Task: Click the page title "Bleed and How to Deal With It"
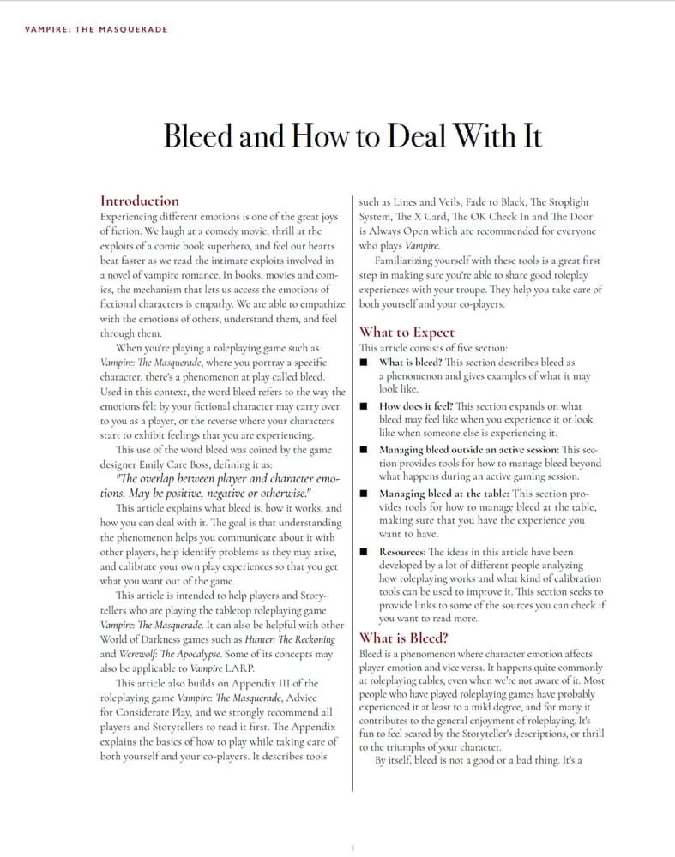pos(353,135)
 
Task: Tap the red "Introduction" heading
pos(140,201)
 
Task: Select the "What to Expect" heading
pos(407,332)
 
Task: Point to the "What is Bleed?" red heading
pos(403,638)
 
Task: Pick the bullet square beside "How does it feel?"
pos(365,406)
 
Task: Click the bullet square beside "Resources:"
pos(365,553)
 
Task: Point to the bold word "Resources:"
pos(402,553)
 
